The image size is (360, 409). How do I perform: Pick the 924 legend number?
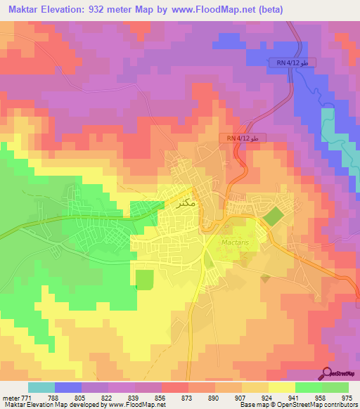[267, 398]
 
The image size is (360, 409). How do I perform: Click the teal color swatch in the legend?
[41, 387]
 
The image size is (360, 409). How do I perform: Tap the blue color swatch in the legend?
[68, 387]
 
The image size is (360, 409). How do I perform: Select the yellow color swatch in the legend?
[282, 387]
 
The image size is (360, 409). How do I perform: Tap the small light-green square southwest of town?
[143, 279]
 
